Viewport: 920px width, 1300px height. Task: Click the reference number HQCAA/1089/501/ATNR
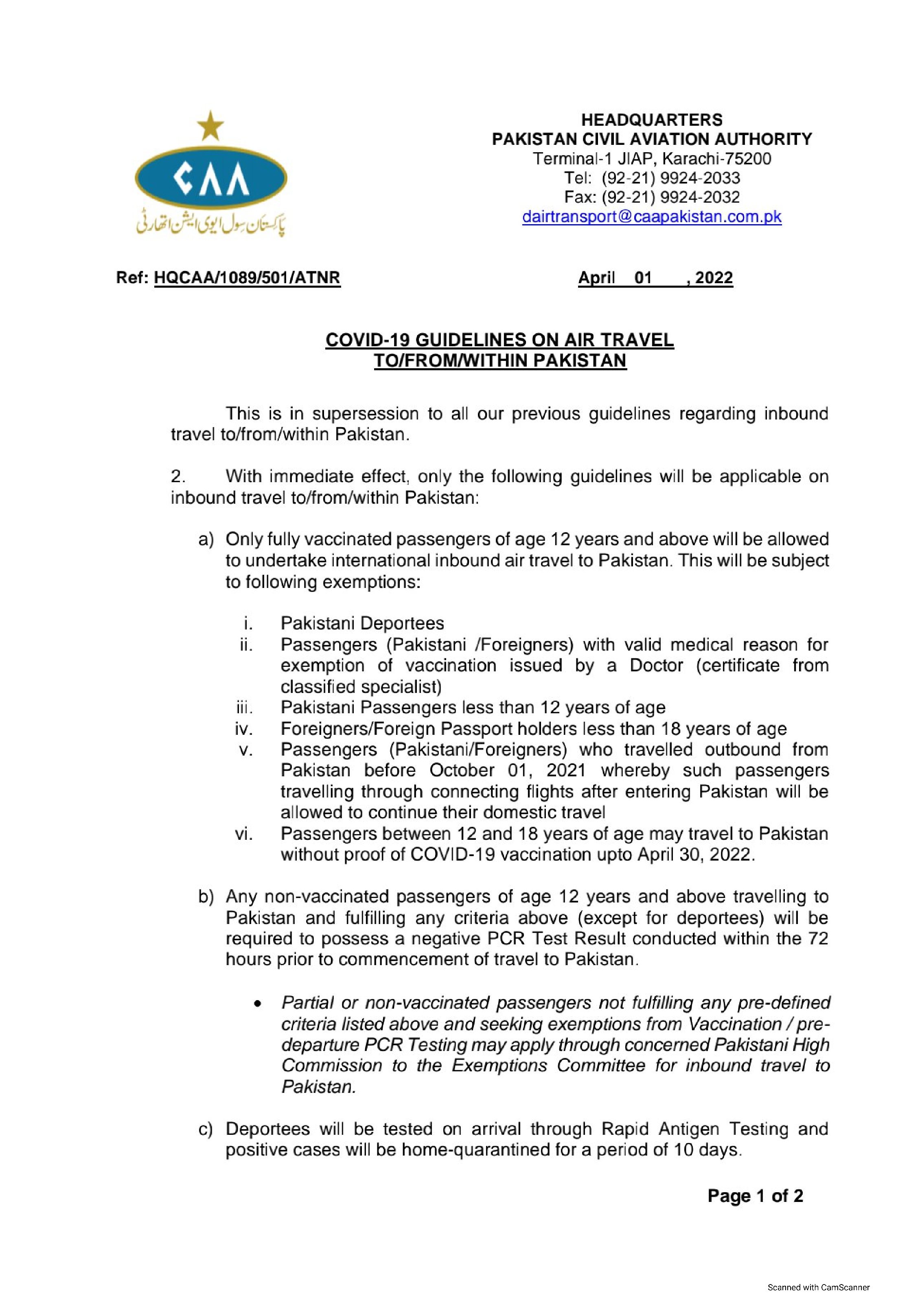pos(247,278)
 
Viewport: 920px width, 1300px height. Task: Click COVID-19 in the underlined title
pos(368,340)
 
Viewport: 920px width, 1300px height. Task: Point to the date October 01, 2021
pos(507,771)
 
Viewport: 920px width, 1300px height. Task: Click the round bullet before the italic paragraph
pos(258,1004)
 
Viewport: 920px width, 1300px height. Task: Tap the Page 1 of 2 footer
pos(755,1196)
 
